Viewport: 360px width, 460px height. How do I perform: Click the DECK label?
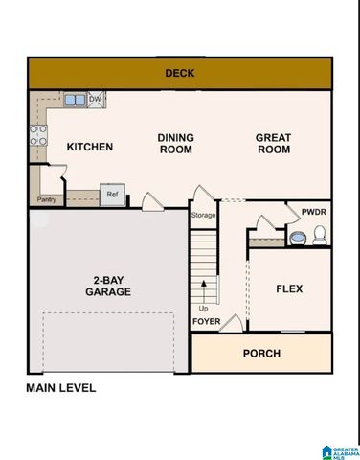coord(179,73)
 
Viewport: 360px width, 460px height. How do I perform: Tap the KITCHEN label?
coord(90,147)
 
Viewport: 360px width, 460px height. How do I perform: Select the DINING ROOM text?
coord(175,143)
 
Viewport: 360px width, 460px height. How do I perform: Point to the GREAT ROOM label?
coord(273,143)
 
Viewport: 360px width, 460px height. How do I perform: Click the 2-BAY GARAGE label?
coord(107,286)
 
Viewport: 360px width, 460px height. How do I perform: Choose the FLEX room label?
coord(289,288)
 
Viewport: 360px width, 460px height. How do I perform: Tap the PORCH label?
coord(260,354)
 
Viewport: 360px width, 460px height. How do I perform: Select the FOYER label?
coord(206,321)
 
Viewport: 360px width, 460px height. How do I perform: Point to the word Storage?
coord(203,215)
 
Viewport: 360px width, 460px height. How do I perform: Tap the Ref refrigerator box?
coord(112,194)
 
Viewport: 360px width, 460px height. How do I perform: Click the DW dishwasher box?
coord(95,99)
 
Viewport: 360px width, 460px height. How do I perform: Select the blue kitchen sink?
coord(75,99)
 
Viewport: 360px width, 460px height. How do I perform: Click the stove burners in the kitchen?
coord(38,135)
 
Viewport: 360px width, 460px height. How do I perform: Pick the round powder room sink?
coord(297,236)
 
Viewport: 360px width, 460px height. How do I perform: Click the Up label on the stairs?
coord(203,308)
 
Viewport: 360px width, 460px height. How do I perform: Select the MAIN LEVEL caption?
coord(60,388)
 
